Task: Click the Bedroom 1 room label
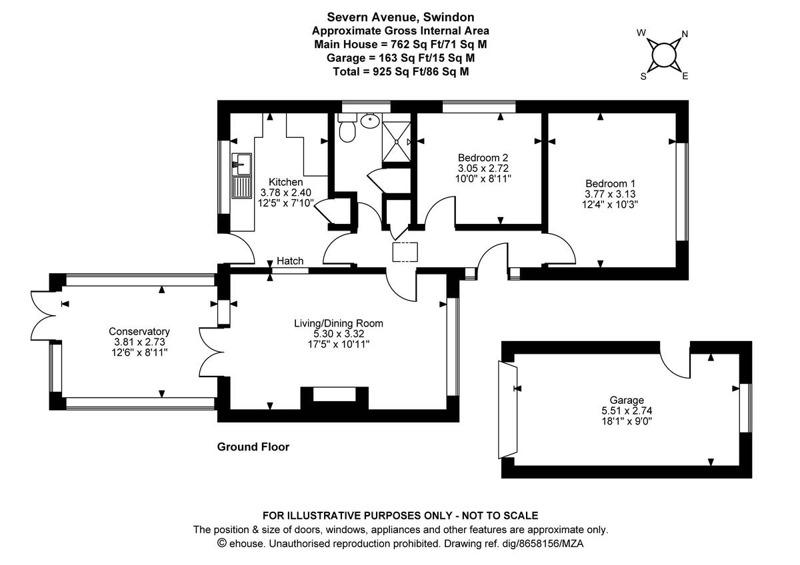point(606,184)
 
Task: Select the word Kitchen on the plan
point(286,182)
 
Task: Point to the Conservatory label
point(139,331)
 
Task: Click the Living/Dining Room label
point(339,324)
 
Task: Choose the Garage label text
point(627,400)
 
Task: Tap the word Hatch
point(290,261)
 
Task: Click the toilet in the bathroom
point(347,131)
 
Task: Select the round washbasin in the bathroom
point(370,121)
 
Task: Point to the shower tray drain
point(398,141)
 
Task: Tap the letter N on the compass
point(685,35)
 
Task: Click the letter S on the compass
point(643,76)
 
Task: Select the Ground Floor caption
point(253,447)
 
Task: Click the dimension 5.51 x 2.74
point(627,410)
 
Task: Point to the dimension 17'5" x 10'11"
point(339,344)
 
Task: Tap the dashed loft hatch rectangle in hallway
point(405,252)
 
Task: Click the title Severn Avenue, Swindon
point(400,17)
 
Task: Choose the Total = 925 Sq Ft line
point(400,71)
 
